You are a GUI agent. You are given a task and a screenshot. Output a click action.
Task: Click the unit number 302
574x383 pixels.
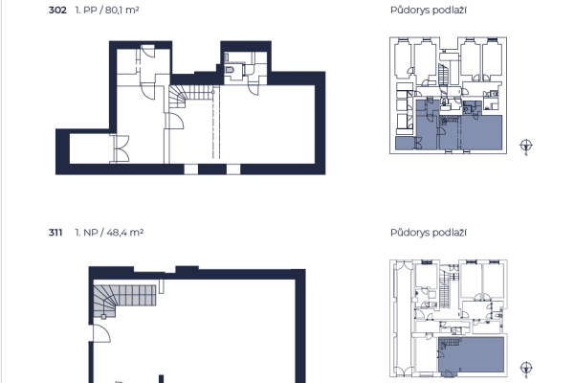(57, 10)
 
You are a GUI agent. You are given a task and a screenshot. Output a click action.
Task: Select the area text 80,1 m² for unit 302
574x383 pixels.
(121, 10)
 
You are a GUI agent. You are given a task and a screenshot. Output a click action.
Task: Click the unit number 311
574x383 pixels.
(55, 233)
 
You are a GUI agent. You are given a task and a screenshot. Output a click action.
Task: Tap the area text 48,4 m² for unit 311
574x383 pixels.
(125, 233)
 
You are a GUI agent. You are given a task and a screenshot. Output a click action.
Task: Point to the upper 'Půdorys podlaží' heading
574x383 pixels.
(429, 10)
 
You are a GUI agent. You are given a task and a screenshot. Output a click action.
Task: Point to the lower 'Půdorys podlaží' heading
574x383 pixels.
(429, 233)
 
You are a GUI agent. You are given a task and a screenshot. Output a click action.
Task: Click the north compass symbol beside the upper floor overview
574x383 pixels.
(526, 146)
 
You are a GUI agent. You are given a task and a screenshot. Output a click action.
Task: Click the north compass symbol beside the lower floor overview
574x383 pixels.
(526, 369)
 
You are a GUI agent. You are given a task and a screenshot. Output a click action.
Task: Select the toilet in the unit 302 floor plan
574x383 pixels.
(230, 69)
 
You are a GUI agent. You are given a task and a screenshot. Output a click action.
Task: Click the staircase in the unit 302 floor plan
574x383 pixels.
(191, 96)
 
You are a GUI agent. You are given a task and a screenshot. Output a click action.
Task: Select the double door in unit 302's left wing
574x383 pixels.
(121, 148)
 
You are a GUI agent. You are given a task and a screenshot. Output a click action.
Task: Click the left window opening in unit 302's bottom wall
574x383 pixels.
(190, 169)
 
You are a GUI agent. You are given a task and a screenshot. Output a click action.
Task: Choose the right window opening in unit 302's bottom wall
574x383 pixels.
(233, 169)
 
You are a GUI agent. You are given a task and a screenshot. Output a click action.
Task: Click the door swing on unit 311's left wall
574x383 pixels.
(101, 333)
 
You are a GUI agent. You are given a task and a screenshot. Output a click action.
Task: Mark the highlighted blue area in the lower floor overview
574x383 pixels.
(473, 355)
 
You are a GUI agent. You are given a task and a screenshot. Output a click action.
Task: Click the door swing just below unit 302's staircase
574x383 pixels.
(175, 121)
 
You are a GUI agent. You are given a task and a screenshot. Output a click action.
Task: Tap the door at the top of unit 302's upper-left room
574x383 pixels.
(148, 51)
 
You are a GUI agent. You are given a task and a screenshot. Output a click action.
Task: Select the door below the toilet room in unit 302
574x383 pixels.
(254, 89)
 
